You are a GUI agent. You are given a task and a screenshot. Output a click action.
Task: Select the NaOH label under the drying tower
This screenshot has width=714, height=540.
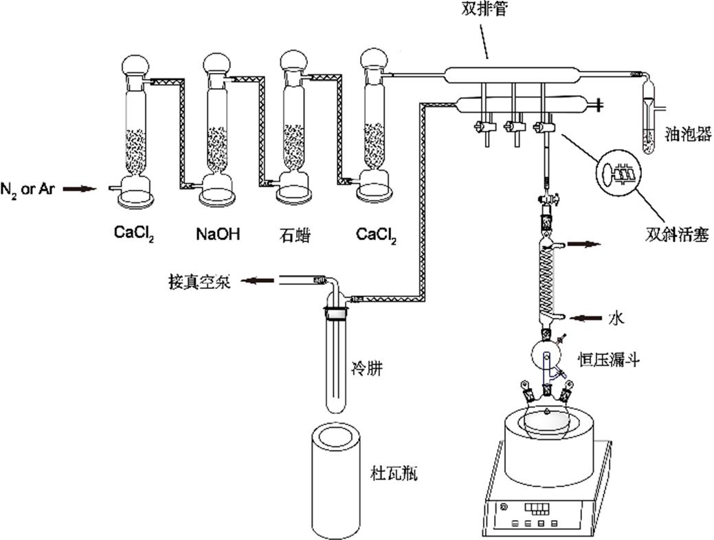pyautogui.click(x=218, y=235)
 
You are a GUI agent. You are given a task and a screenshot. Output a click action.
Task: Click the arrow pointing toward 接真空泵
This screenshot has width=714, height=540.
pyautogui.click(x=261, y=280)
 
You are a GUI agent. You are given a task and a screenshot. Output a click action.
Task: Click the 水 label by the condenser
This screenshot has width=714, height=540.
pyautogui.click(x=616, y=318)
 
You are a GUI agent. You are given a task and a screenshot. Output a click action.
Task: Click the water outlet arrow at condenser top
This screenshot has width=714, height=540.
pyautogui.click(x=586, y=244)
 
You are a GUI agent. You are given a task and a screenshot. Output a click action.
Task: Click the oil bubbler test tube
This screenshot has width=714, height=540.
pyautogui.click(x=649, y=117)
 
